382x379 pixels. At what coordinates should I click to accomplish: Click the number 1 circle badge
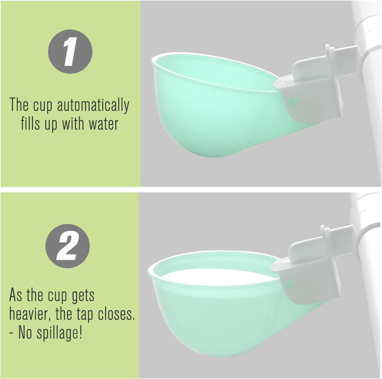(70, 51)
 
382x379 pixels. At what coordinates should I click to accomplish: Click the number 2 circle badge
(67, 246)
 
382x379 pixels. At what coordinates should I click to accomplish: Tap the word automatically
(93, 105)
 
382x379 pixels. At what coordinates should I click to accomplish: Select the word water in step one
(103, 124)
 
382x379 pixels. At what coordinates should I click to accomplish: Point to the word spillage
(59, 333)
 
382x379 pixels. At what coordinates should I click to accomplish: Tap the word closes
(116, 314)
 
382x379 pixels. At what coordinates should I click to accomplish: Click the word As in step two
(15, 295)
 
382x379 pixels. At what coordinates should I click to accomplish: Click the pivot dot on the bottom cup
(290, 283)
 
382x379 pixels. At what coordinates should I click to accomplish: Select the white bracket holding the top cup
(317, 91)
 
